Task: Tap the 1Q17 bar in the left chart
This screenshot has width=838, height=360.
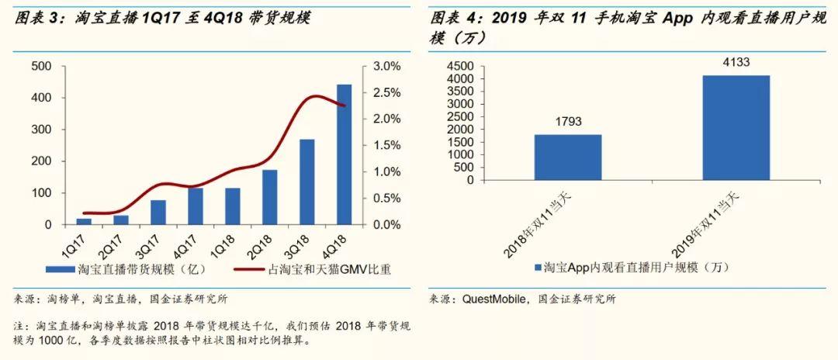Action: pyautogui.click(x=83, y=222)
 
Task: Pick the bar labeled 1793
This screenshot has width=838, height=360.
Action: pyautogui.click(x=567, y=157)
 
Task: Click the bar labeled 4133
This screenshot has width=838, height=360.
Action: pyautogui.click(x=736, y=128)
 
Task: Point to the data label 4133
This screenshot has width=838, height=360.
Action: pyautogui.click(x=736, y=63)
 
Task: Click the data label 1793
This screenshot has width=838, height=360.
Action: pyautogui.click(x=567, y=122)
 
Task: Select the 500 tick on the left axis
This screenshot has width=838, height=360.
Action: pyautogui.click(x=42, y=67)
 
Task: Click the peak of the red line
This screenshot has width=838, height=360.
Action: pyautogui.click(x=314, y=96)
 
